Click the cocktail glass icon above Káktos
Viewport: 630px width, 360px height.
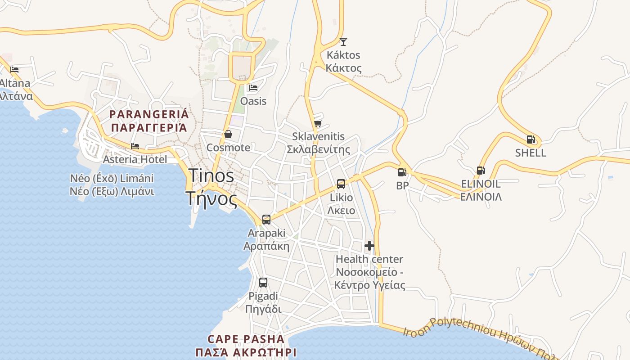pos(343,42)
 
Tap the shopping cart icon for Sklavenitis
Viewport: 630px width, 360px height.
pos(318,123)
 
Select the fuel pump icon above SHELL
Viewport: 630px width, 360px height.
pos(531,139)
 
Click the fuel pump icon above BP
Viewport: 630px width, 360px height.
pos(402,172)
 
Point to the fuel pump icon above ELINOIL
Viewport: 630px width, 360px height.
pos(481,171)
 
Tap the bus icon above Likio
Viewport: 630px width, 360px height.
pos(341,184)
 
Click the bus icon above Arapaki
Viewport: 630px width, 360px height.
pos(266,220)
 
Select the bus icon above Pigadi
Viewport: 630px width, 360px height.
pos(263,283)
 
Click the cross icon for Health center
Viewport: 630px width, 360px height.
pos(369,246)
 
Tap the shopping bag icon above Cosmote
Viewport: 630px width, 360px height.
pos(228,134)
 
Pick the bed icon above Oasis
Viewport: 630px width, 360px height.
pos(253,87)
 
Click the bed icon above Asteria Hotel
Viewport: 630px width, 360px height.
pos(135,146)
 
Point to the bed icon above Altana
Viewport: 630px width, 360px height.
pos(14,70)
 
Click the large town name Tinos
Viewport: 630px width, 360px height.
pos(211,175)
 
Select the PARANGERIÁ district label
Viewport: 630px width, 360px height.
pos(149,114)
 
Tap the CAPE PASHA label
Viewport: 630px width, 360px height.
pos(246,339)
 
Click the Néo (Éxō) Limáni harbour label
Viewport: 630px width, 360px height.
pos(112,178)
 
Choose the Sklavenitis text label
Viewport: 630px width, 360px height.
pos(318,136)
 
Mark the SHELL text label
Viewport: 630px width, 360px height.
pos(531,153)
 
